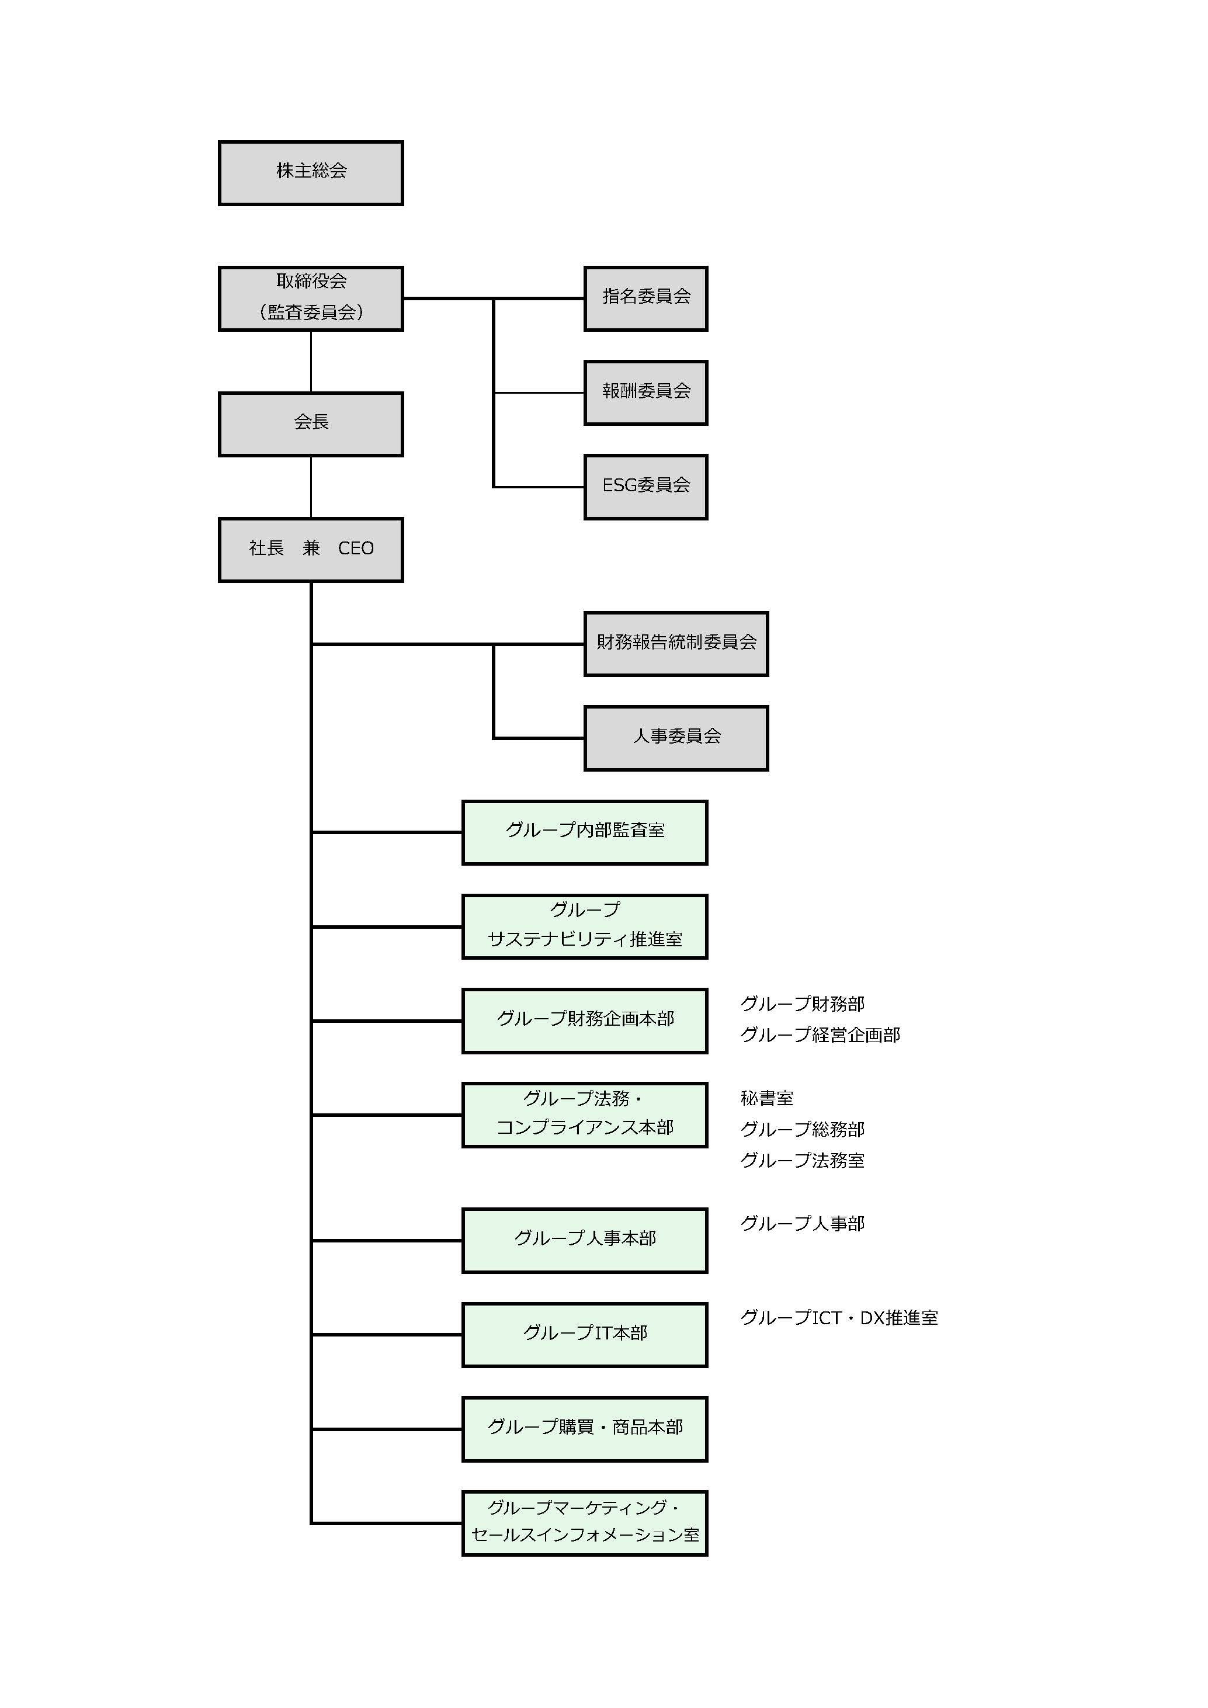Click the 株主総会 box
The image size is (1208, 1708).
(x=311, y=172)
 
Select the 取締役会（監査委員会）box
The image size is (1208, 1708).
(x=311, y=298)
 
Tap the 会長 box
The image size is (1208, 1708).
(x=311, y=424)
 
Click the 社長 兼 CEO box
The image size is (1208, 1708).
(x=311, y=550)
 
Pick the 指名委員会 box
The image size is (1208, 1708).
(x=645, y=298)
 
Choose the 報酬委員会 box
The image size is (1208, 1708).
(x=645, y=393)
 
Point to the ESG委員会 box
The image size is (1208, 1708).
(x=645, y=487)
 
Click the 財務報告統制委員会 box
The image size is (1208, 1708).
(x=676, y=644)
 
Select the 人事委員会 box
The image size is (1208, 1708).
(x=676, y=738)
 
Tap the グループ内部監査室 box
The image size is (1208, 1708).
(x=585, y=832)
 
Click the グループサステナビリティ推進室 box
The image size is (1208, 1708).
(x=585, y=926)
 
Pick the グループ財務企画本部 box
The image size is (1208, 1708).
(x=585, y=1020)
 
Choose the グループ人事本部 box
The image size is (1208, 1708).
(x=585, y=1240)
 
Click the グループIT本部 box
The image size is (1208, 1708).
(x=585, y=1335)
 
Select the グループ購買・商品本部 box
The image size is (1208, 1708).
(x=585, y=1429)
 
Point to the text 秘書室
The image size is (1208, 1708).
(x=767, y=1098)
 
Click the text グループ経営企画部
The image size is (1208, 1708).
(x=820, y=1034)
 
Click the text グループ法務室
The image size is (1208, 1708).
(x=802, y=1161)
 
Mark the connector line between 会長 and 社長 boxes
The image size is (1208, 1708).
(x=311, y=487)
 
